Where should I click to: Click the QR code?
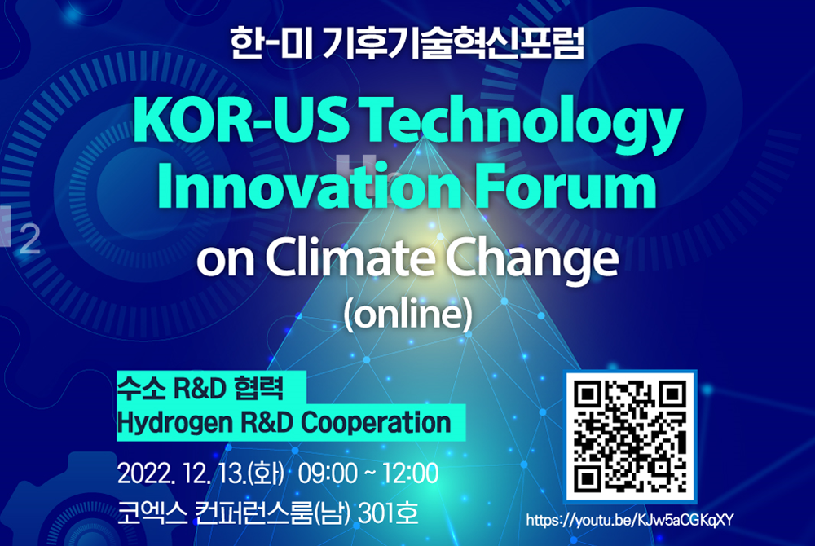pyautogui.click(x=630, y=436)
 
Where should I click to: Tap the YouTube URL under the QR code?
pyautogui.click(x=629, y=520)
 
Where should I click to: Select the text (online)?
pyautogui.click(x=408, y=314)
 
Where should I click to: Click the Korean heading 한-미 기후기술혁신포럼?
pyautogui.click(x=407, y=42)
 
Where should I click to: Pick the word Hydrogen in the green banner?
pyautogui.click(x=174, y=423)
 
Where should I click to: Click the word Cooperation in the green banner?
pyautogui.click(x=376, y=422)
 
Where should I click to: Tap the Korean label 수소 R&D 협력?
pyautogui.click(x=200, y=388)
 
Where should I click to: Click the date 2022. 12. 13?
pyautogui.click(x=182, y=473)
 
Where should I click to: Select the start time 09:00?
pyautogui.click(x=328, y=473)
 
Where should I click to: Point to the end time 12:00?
pyautogui.click(x=411, y=473)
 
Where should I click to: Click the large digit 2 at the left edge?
pyautogui.click(x=29, y=240)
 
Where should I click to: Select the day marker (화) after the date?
pyautogui.click(x=267, y=473)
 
